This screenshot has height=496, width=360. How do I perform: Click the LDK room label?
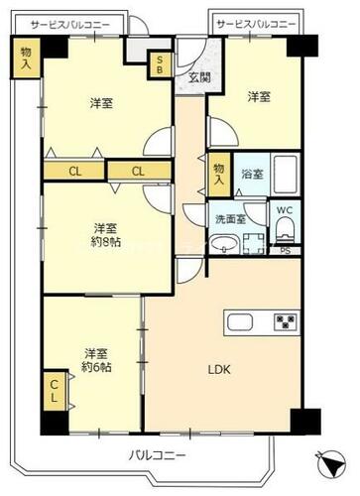pos(219,369)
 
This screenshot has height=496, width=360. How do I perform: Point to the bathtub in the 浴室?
pos(286,175)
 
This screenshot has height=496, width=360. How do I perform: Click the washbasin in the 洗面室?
pos(224,245)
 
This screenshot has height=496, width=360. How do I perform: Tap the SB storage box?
pos(160,64)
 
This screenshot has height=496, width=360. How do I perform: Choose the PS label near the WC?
pos(286,251)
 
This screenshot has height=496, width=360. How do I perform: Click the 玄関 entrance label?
pos(199,77)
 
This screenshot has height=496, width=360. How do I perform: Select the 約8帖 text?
pos(106,242)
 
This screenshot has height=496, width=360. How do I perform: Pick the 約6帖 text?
pos(96,367)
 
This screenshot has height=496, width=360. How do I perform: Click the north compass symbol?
pos(331,464)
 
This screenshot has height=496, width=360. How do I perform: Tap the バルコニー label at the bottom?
pos(157,455)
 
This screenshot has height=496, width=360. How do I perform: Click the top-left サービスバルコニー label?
pos(70,25)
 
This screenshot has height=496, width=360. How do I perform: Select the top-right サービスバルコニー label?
pos(256,24)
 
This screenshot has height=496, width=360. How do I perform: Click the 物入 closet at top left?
pos(26,58)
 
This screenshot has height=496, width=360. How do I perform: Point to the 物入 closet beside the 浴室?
pos(219,175)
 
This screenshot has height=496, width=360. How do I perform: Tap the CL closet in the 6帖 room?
pos(55,391)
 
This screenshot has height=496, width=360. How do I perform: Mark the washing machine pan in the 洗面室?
pos(254,244)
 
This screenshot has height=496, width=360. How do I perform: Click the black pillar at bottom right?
pos(305,422)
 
